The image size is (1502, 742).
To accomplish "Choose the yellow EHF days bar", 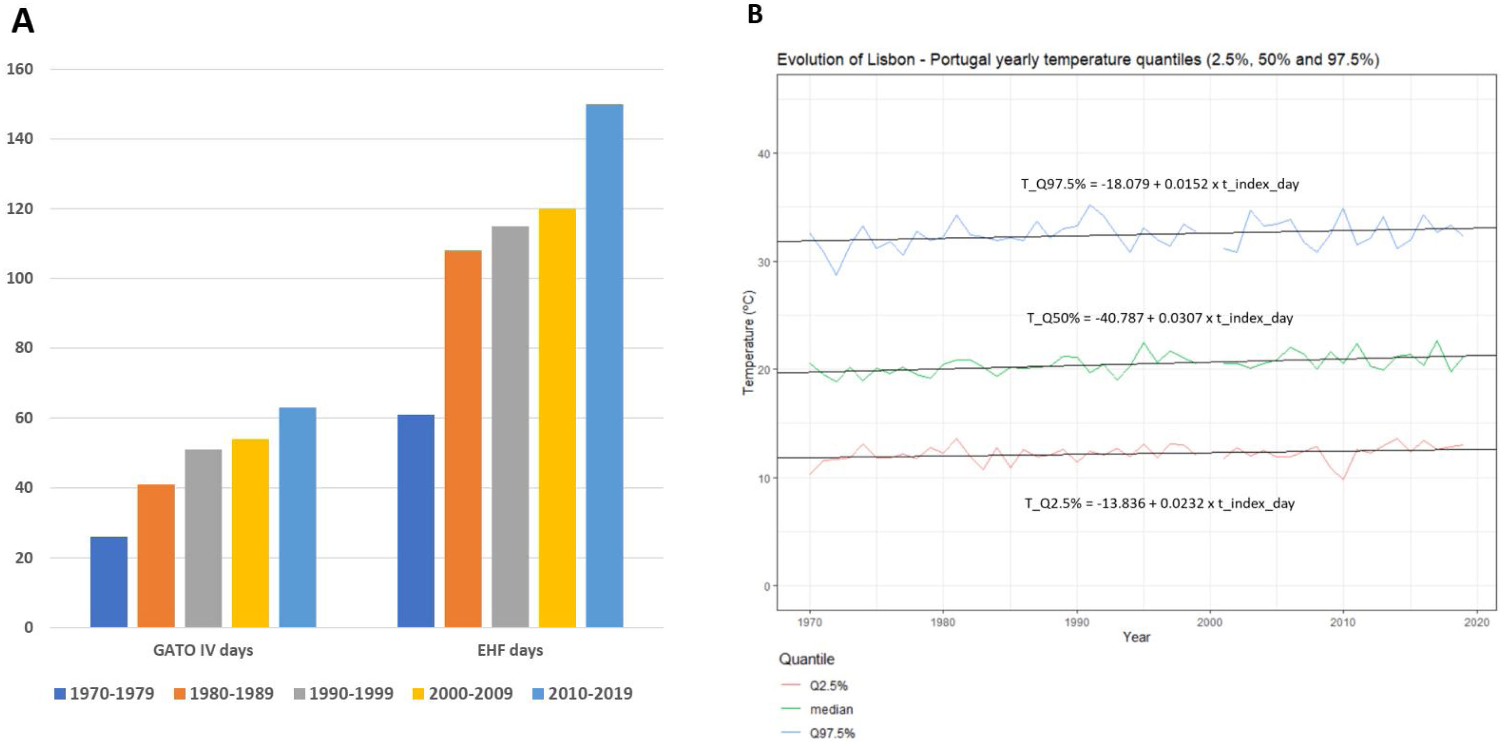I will point(557,418).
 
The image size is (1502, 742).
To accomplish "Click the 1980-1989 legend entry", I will point(224,694).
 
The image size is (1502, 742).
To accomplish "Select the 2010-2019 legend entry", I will point(582,694).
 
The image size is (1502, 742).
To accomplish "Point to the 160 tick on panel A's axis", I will point(20,69).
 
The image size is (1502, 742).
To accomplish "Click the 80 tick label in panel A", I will point(23,348).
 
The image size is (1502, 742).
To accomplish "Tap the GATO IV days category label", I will point(203,651).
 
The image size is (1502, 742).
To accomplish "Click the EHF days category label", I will point(510,651).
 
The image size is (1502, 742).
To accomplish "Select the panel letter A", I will point(23,22).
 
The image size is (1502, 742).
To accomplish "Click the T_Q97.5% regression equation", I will point(1159,184).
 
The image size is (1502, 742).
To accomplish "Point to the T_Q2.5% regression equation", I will point(1159,504).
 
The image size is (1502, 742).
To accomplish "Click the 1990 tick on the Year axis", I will point(1076,622).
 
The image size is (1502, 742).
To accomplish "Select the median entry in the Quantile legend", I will point(831,709).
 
